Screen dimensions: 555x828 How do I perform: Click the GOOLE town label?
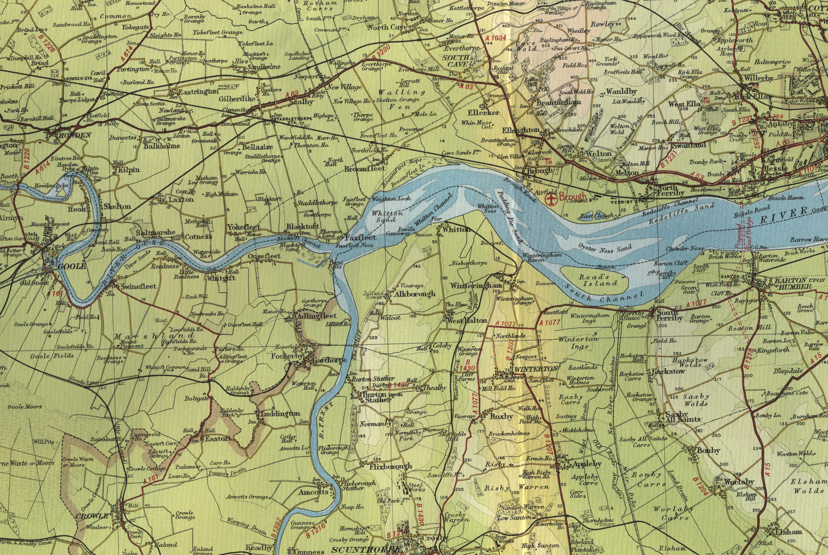point(72,266)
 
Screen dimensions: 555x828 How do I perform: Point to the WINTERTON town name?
point(536,369)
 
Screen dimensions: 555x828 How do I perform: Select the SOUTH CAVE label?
point(456,61)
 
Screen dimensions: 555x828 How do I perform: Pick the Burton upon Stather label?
point(383,397)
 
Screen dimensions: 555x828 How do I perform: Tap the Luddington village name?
point(280,414)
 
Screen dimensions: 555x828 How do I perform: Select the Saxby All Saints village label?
point(683,417)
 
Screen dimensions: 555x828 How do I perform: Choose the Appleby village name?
point(586,464)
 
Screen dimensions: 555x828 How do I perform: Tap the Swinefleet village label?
point(138,286)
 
